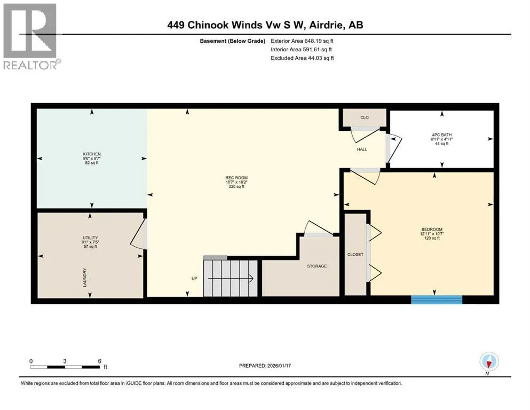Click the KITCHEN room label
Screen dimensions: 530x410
pyautogui.click(x=92, y=154)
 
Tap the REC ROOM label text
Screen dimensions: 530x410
pyautogui.click(x=236, y=178)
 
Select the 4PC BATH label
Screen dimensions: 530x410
pyautogui.click(x=442, y=135)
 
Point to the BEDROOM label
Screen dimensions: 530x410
pyautogui.click(x=432, y=230)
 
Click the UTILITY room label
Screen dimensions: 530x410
pyautogui.click(x=90, y=238)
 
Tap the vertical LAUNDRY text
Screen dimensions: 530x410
pyautogui.click(x=85, y=278)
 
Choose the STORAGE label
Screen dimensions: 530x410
pyautogui.click(x=317, y=266)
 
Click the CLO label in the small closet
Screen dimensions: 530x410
pyautogui.click(x=365, y=117)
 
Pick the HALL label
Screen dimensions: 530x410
pyautogui.click(x=362, y=149)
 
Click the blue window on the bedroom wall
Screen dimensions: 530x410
pyautogui.click(x=437, y=300)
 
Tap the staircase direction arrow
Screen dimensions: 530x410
pyautogui.click(x=231, y=279)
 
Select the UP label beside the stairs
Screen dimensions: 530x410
pyautogui.click(x=194, y=279)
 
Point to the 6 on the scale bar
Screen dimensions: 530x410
pyautogui.click(x=100, y=361)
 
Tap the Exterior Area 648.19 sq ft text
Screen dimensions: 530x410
pyautogui.click(x=302, y=41)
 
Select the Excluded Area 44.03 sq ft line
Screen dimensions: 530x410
pyautogui.click(x=302, y=58)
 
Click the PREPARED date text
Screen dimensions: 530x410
pyautogui.click(x=265, y=366)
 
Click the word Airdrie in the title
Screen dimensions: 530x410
pyautogui.click(x=326, y=25)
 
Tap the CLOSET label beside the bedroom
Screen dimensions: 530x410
pyautogui.click(x=355, y=255)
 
